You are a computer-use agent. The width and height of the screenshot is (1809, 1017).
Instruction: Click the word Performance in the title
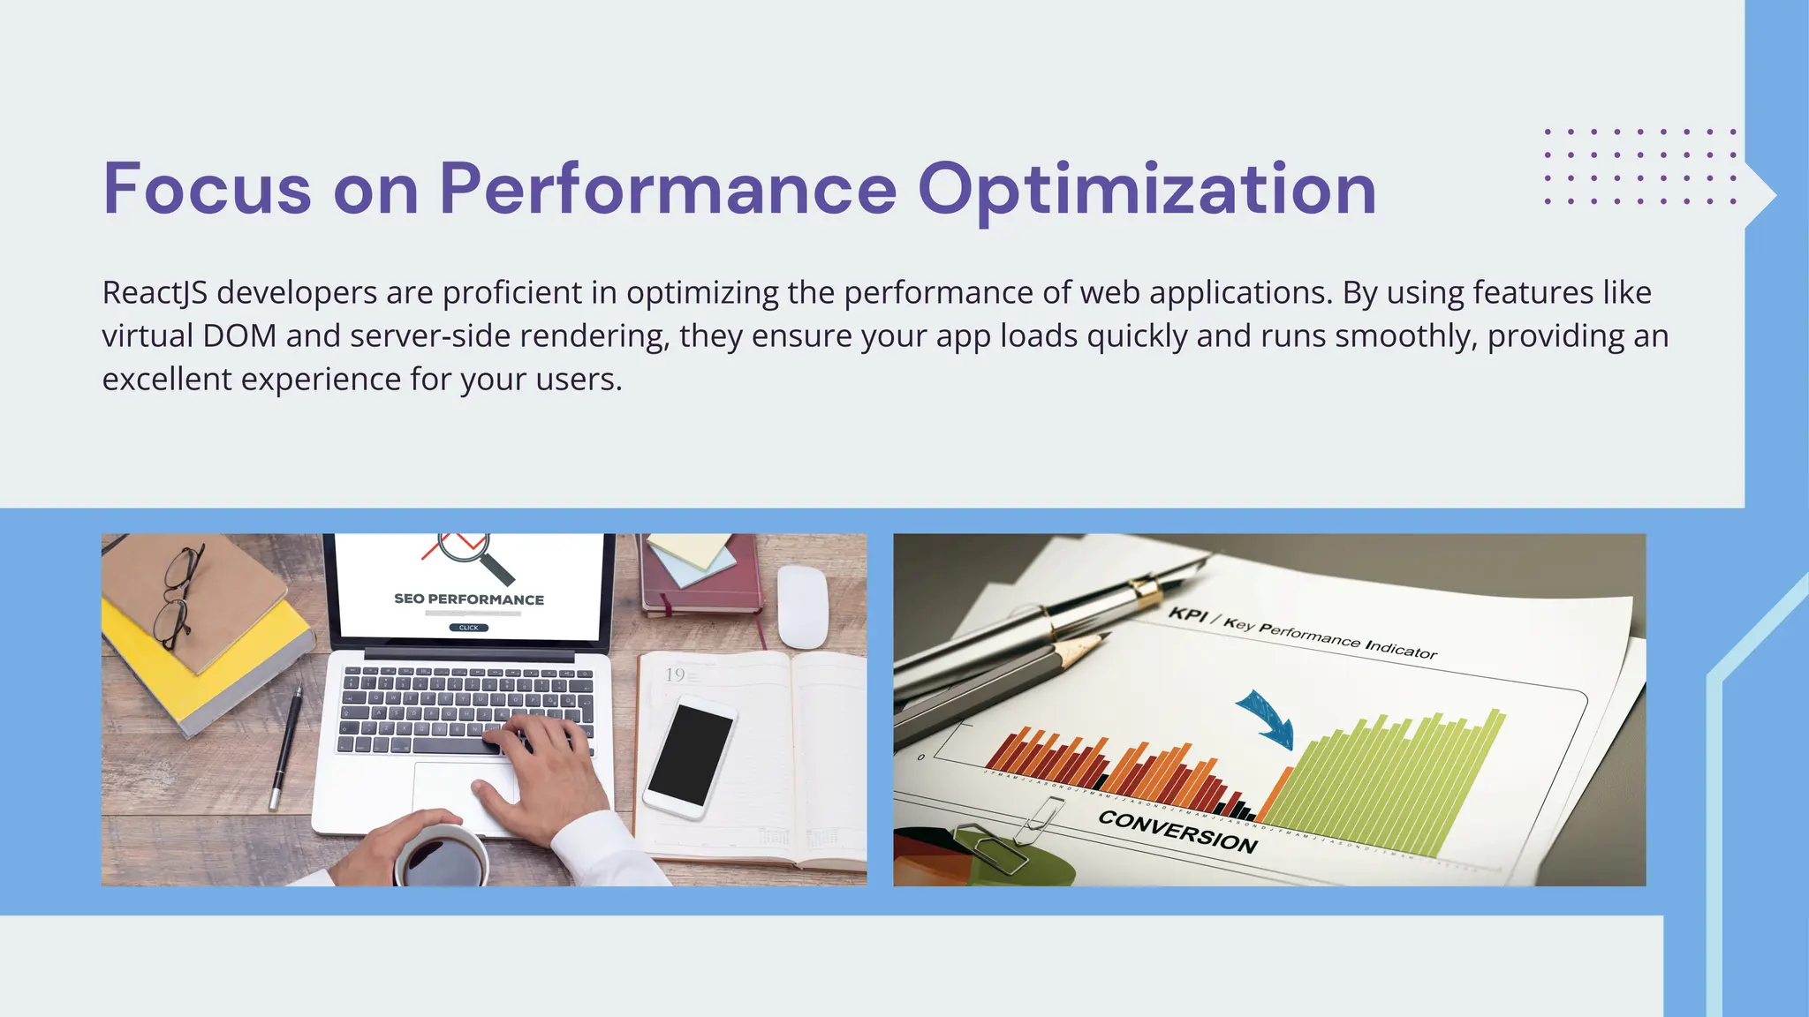click(668, 189)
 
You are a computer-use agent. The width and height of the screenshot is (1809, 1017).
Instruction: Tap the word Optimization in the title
click(1147, 191)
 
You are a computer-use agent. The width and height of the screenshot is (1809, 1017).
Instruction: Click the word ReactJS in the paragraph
click(155, 293)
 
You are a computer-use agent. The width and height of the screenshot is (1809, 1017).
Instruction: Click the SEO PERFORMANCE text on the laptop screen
click(469, 599)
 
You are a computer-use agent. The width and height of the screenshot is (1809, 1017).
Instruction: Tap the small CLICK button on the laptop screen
click(468, 628)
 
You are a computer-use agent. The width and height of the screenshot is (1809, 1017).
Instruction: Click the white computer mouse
click(802, 606)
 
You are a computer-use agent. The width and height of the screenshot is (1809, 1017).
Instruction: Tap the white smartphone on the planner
click(690, 756)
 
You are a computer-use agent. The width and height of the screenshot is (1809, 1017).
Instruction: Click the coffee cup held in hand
click(441, 858)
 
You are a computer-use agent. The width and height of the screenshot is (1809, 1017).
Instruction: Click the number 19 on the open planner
click(675, 675)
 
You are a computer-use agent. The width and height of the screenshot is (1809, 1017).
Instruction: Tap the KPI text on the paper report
click(1187, 614)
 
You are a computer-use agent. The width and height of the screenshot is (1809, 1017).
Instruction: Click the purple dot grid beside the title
click(1639, 167)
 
